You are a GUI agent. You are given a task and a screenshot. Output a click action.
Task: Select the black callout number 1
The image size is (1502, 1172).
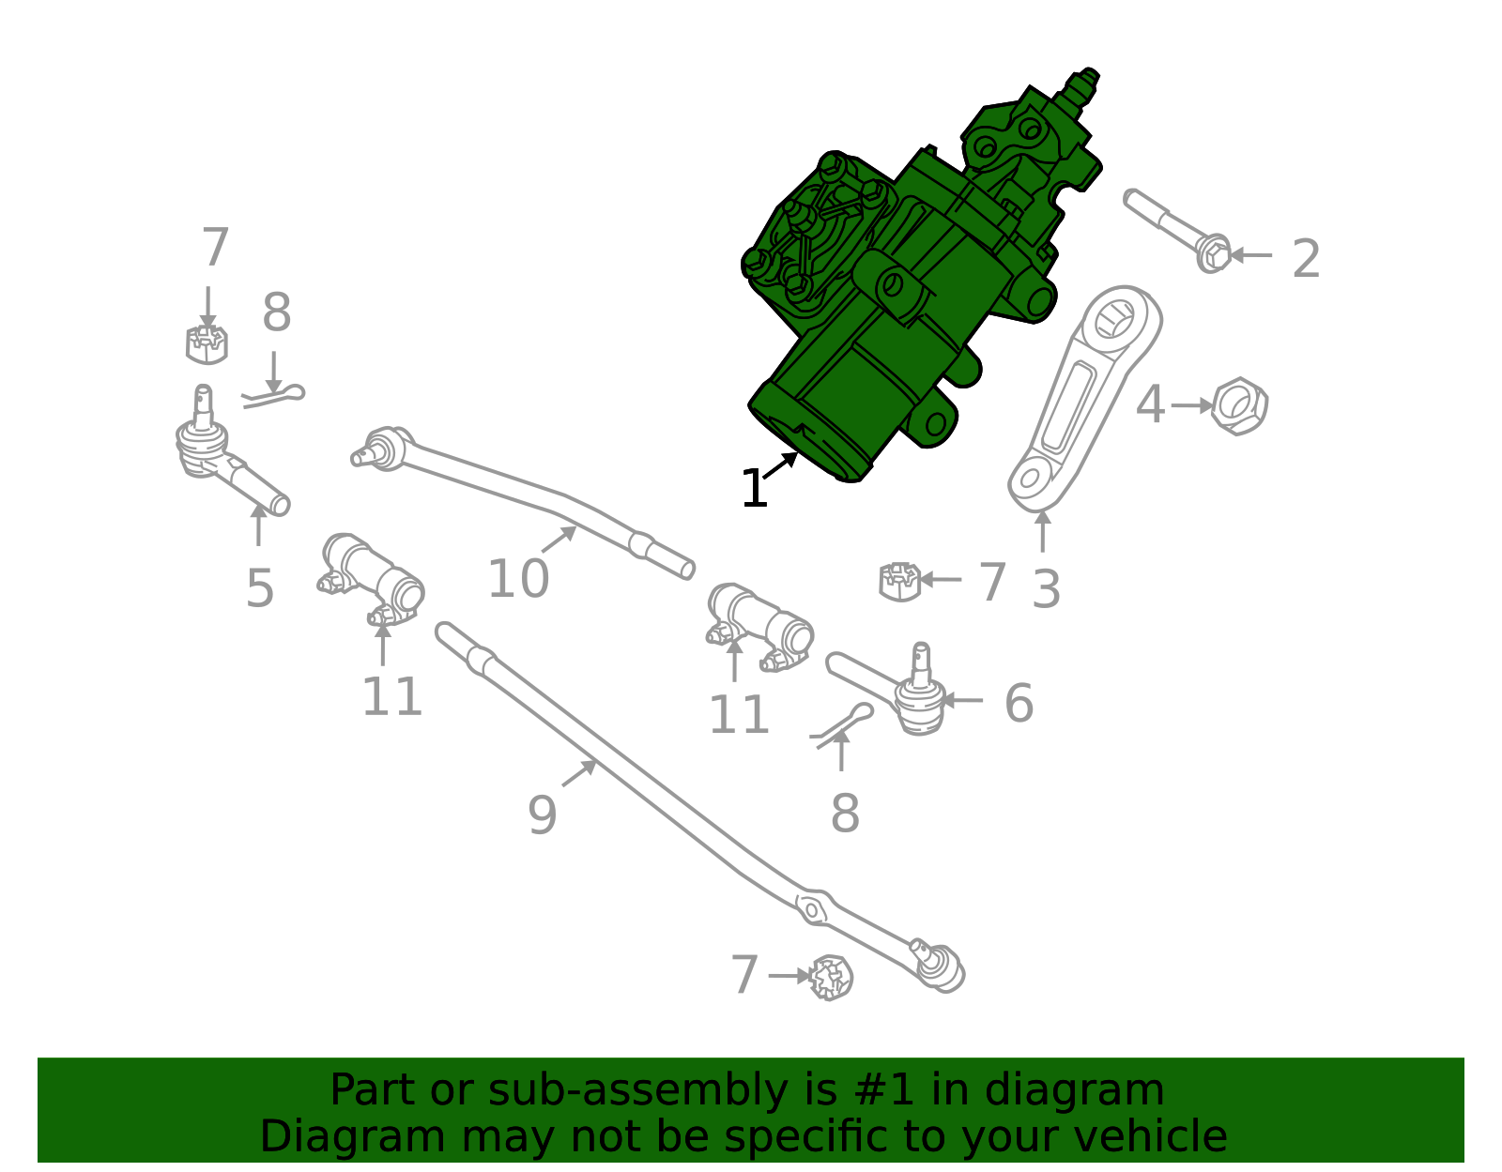754,489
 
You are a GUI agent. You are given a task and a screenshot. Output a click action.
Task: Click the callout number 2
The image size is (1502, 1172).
1306,259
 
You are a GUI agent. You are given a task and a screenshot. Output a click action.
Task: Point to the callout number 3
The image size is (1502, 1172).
1046,589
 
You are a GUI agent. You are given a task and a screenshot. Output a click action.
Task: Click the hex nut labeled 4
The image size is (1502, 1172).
1239,406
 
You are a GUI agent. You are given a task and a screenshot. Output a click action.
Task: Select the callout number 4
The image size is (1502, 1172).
1150,406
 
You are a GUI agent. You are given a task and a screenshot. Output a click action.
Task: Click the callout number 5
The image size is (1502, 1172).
260,589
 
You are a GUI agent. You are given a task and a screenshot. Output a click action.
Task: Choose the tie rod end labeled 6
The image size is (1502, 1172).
901,694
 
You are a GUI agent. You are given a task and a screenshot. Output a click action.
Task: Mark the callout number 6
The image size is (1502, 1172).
1019,704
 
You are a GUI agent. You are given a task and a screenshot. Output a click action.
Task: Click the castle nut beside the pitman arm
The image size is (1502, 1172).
899,581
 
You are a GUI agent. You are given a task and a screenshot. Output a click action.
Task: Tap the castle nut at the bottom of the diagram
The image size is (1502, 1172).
831,977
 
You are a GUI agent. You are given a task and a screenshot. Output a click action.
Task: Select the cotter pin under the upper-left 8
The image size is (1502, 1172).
273,397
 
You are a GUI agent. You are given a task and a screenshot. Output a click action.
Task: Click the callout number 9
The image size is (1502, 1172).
542,815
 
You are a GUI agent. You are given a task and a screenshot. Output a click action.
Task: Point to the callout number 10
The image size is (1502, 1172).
518,579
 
